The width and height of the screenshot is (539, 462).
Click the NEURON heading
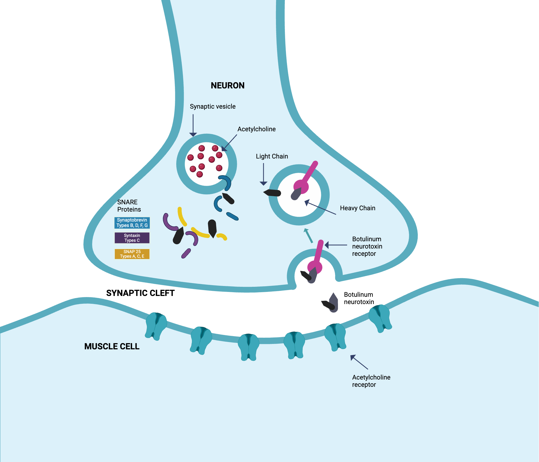tap(227, 85)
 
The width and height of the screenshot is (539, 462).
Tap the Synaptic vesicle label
tap(212, 106)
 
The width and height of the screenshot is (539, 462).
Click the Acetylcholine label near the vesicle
tap(256, 129)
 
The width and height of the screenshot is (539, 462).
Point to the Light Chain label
tap(272, 156)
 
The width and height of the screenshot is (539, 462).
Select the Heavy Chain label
tap(357, 208)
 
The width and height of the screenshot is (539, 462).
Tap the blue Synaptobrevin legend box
tap(132, 223)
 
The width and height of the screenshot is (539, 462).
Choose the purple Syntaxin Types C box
tap(132, 238)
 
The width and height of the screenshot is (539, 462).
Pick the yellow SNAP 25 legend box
tap(132, 254)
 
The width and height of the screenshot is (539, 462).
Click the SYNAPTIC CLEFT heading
tap(140, 293)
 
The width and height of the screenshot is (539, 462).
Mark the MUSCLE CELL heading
tap(112, 346)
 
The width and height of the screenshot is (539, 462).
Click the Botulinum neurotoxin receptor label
tap(367, 246)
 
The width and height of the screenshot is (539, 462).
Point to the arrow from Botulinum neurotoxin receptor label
tap(336, 245)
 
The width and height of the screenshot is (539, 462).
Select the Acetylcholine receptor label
tap(371, 381)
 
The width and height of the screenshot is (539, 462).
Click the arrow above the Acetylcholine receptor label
tap(359, 362)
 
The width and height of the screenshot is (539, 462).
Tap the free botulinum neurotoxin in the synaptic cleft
tap(331, 304)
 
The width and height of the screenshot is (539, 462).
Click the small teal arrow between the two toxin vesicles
tap(309, 236)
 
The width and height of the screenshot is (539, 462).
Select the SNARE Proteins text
tap(129, 206)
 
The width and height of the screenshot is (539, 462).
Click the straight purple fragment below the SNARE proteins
tap(186, 253)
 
